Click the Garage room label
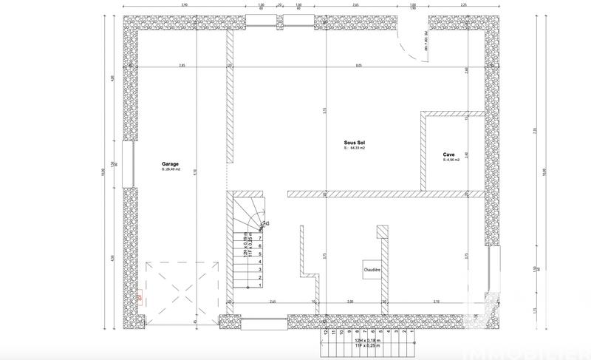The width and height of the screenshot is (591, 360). pos(171,163)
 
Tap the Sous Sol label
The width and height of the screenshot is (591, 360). pos(355,143)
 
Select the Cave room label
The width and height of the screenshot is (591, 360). pos(449,154)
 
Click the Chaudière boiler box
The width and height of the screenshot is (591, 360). pos(372,270)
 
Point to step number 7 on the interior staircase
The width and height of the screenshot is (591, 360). pos(260,238)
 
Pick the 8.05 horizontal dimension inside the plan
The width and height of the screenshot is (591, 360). pos(359,66)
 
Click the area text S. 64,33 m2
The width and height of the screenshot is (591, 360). pos(355,149)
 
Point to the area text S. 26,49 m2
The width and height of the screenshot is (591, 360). pos(171,169)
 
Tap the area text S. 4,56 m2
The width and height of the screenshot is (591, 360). pos(451,160)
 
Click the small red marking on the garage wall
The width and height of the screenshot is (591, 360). pos(138,298)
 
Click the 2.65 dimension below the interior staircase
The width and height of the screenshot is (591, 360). pos(273,302)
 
